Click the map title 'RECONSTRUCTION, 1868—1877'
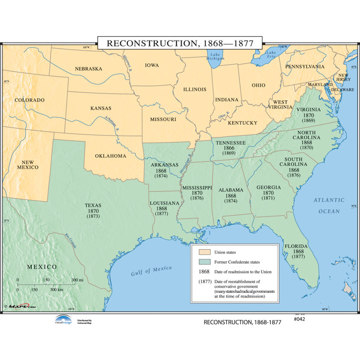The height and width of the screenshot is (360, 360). click(179, 43)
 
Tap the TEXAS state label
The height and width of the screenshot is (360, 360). click(93, 205)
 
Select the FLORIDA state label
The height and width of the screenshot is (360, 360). click(296, 247)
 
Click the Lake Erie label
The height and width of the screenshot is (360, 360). click(271, 55)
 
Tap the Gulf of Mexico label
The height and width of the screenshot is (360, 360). click(151, 271)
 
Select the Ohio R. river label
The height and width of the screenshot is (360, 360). click(224, 115)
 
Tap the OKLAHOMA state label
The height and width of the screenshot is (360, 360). click(111, 156)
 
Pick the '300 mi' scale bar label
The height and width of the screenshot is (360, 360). click(77, 280)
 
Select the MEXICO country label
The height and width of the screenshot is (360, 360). click(41, 267)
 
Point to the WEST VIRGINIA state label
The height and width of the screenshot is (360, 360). click(280, 104)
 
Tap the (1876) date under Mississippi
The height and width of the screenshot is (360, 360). click(197, 198)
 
